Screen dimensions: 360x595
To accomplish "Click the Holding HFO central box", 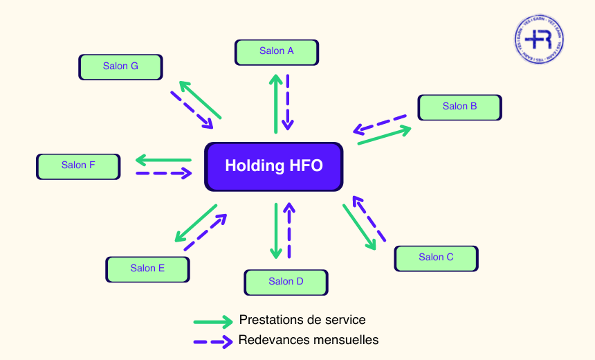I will [274, 166].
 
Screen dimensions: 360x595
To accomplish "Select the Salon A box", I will [277, 51].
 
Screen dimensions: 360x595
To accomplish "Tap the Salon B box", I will [459, 107].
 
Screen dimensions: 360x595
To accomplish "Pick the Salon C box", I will [436, 258].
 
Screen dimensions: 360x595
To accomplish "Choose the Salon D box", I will [286, 282].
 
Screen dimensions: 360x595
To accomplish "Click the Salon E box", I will [147, 269].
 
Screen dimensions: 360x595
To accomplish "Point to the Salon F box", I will [78, 165].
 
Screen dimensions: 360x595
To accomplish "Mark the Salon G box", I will [120, 66].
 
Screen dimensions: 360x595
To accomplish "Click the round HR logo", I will [539, 38].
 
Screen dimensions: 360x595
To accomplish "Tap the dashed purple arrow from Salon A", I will [288, 102].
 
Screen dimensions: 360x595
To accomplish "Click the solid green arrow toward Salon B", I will [385, 135].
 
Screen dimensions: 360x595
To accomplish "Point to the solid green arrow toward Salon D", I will [276, 231].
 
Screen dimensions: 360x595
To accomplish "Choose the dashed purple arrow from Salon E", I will [205, 232].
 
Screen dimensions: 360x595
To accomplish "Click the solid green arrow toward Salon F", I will [163, 161].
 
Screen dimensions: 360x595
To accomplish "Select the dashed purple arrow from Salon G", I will [191, 109].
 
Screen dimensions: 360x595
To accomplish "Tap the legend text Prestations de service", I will [302, 320].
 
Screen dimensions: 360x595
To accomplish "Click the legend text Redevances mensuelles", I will [309, 340].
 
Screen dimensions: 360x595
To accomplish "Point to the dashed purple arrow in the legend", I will [212, 341].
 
